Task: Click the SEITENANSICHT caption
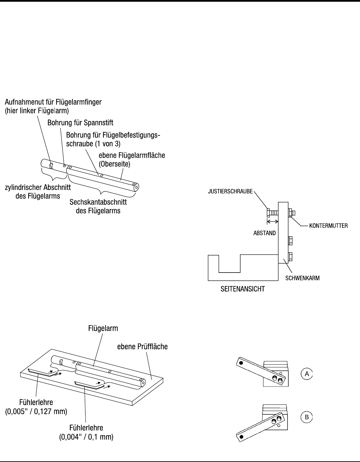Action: click(x=242, y=289)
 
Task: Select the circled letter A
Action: click(x=306, y=373)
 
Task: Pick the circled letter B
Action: click(x=306, y=417)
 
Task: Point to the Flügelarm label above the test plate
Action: click(x=102, y=328)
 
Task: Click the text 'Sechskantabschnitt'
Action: click(x=98, y=202)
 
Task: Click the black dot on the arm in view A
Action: click(x=241, y=363)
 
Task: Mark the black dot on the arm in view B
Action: click(x=241, y=437)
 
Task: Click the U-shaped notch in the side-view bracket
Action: click(x=230, y=264)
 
